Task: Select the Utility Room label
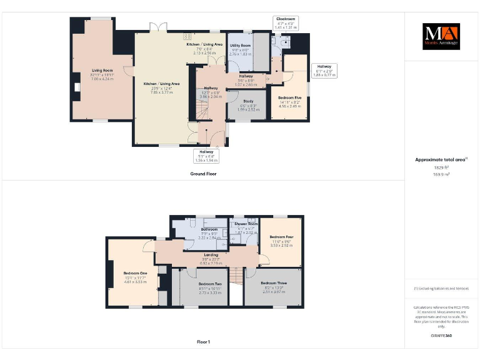pos(240,46)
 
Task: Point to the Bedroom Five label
pos(289,97)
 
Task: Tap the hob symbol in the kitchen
pos(187,37)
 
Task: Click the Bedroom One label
pos(134,274)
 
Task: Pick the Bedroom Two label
pos(211,284)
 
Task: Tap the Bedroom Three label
pos(274,284)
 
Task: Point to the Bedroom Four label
pos(281,237)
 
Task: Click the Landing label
pos(211,255)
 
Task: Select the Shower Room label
pos(246,224)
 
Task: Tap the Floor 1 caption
pos(204,342)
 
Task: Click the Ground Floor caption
pos(204,173)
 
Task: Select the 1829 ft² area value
pos(441,167)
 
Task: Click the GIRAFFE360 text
pos(441,336)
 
